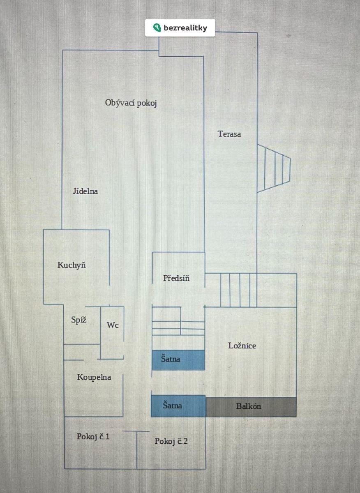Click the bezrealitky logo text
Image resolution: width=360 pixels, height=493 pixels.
pyautogui.click(x=185, y=28)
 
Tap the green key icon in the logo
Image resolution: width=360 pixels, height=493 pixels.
pyautogui.click(x=157, y=28)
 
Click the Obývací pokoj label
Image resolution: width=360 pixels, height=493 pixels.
pyautogui.click(x=131, y=103)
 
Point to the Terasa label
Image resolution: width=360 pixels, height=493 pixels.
pyautogui.click(x=229, y=134)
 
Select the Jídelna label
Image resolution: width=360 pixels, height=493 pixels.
pyautogui.click(x=85, y=191)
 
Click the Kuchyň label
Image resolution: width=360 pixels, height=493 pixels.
pyautogui.click(x=72, y=265)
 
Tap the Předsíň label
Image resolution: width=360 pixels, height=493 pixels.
pyautogui.click(x=176, y=278)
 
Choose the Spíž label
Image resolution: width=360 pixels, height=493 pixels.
pyautogui.click(x=78, y=320)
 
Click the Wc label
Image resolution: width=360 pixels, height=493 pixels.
pyautogui.click(x=113, y=325)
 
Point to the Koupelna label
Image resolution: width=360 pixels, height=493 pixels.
pyautogui.click(x=94, y=377)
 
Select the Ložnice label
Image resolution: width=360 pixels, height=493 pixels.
pyautogui.click(x=242, y=346)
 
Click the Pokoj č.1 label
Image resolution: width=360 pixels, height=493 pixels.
pyautogui.click(x=93, y=436)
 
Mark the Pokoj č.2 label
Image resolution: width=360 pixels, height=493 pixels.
pyautogui.click(x=171, y=441)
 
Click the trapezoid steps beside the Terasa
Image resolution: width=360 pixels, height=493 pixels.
pyautogui.click(x=274, y=168)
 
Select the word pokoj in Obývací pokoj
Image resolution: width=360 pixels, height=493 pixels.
pyautogui.click(x=147, y=103)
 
